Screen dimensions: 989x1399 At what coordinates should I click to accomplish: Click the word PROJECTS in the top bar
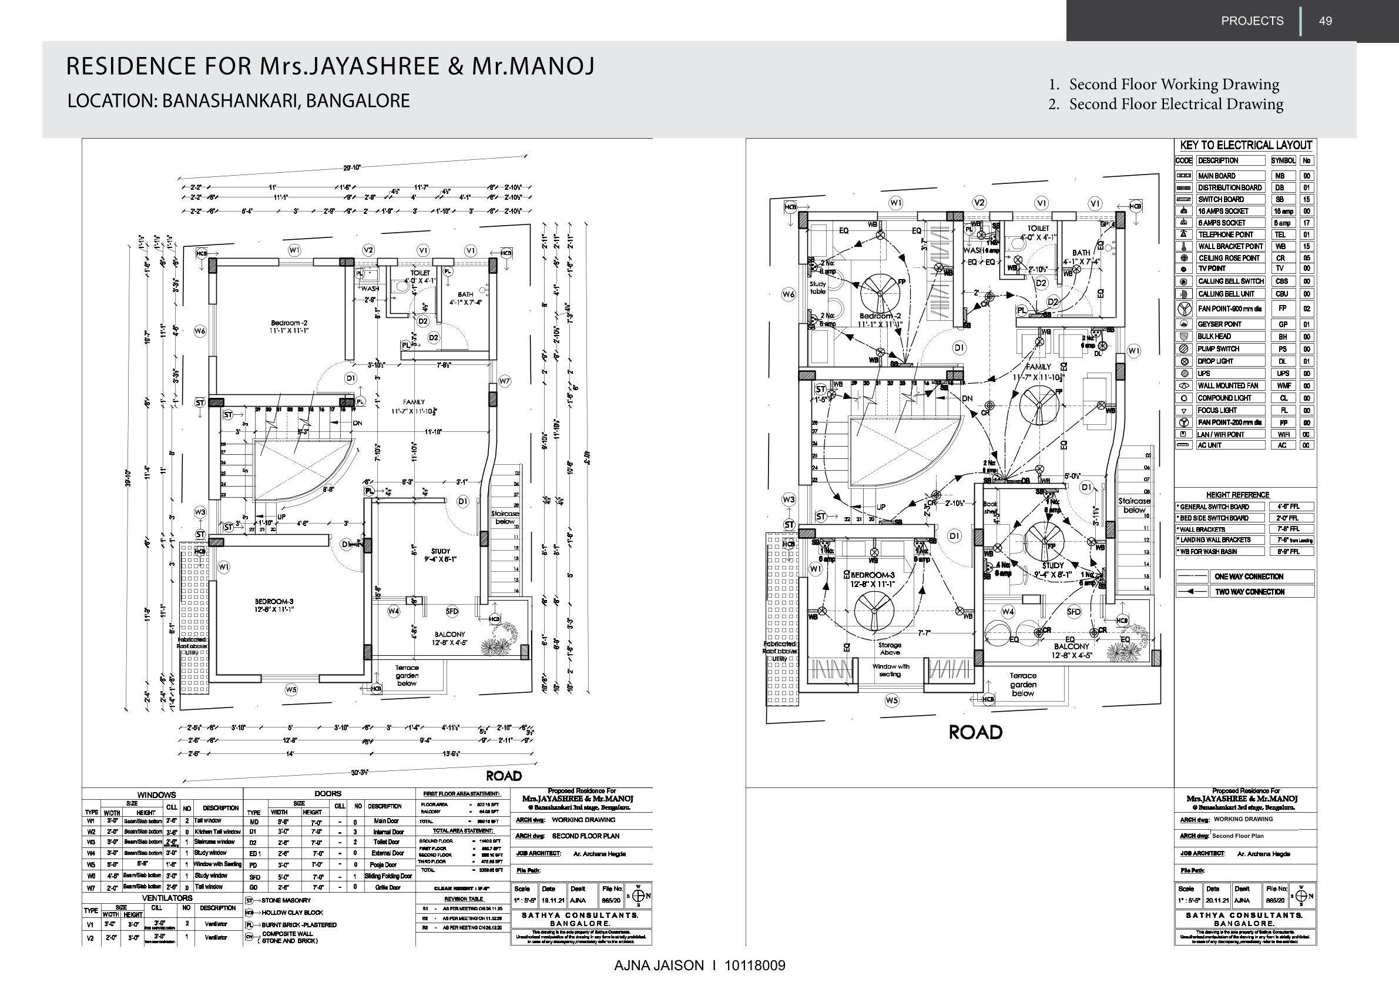click(1252, 21)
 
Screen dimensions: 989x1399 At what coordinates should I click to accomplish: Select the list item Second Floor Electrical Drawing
click(1176, 104)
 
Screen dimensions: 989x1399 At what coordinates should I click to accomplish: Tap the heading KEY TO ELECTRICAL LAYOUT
click(1246, 145)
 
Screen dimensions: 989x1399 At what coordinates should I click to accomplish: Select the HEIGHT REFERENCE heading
click(1237, 495)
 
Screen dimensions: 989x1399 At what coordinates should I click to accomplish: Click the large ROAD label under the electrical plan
click(975, 733)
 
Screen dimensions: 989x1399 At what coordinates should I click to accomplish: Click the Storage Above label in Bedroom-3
click(890, 648)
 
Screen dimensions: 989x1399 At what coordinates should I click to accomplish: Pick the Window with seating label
click(890, 670)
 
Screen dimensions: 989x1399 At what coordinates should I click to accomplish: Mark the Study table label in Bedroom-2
click(818, 287)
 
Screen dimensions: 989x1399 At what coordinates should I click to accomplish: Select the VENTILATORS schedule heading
click(167, 898)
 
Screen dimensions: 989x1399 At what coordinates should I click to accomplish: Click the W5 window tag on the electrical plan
click(892, 701)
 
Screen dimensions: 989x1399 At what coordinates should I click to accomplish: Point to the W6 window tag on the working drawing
click(200, 331)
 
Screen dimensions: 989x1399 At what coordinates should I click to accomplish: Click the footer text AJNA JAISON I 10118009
click(699, 965)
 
